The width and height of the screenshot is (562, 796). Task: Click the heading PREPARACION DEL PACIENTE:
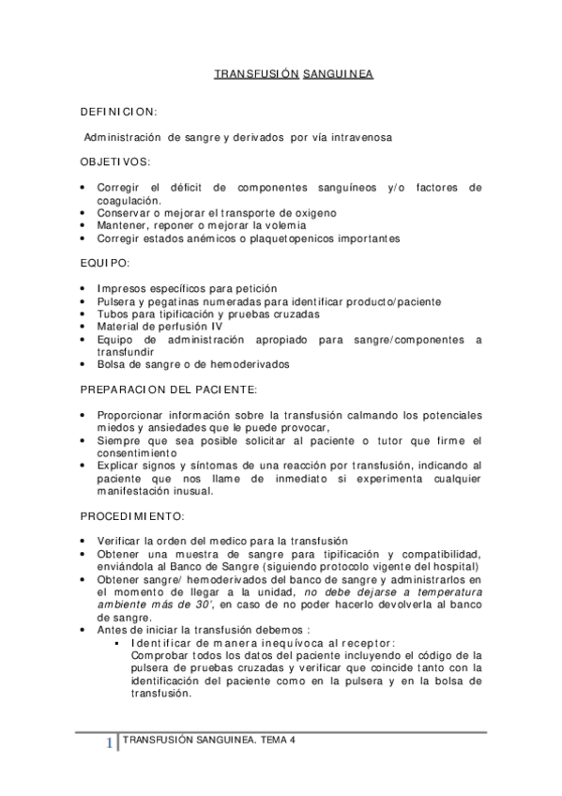point(168,388)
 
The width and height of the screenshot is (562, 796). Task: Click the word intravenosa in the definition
point(357,136)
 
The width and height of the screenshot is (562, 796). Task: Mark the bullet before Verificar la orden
point(87,542)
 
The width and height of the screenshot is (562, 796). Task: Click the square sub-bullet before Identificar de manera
point(115,643)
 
